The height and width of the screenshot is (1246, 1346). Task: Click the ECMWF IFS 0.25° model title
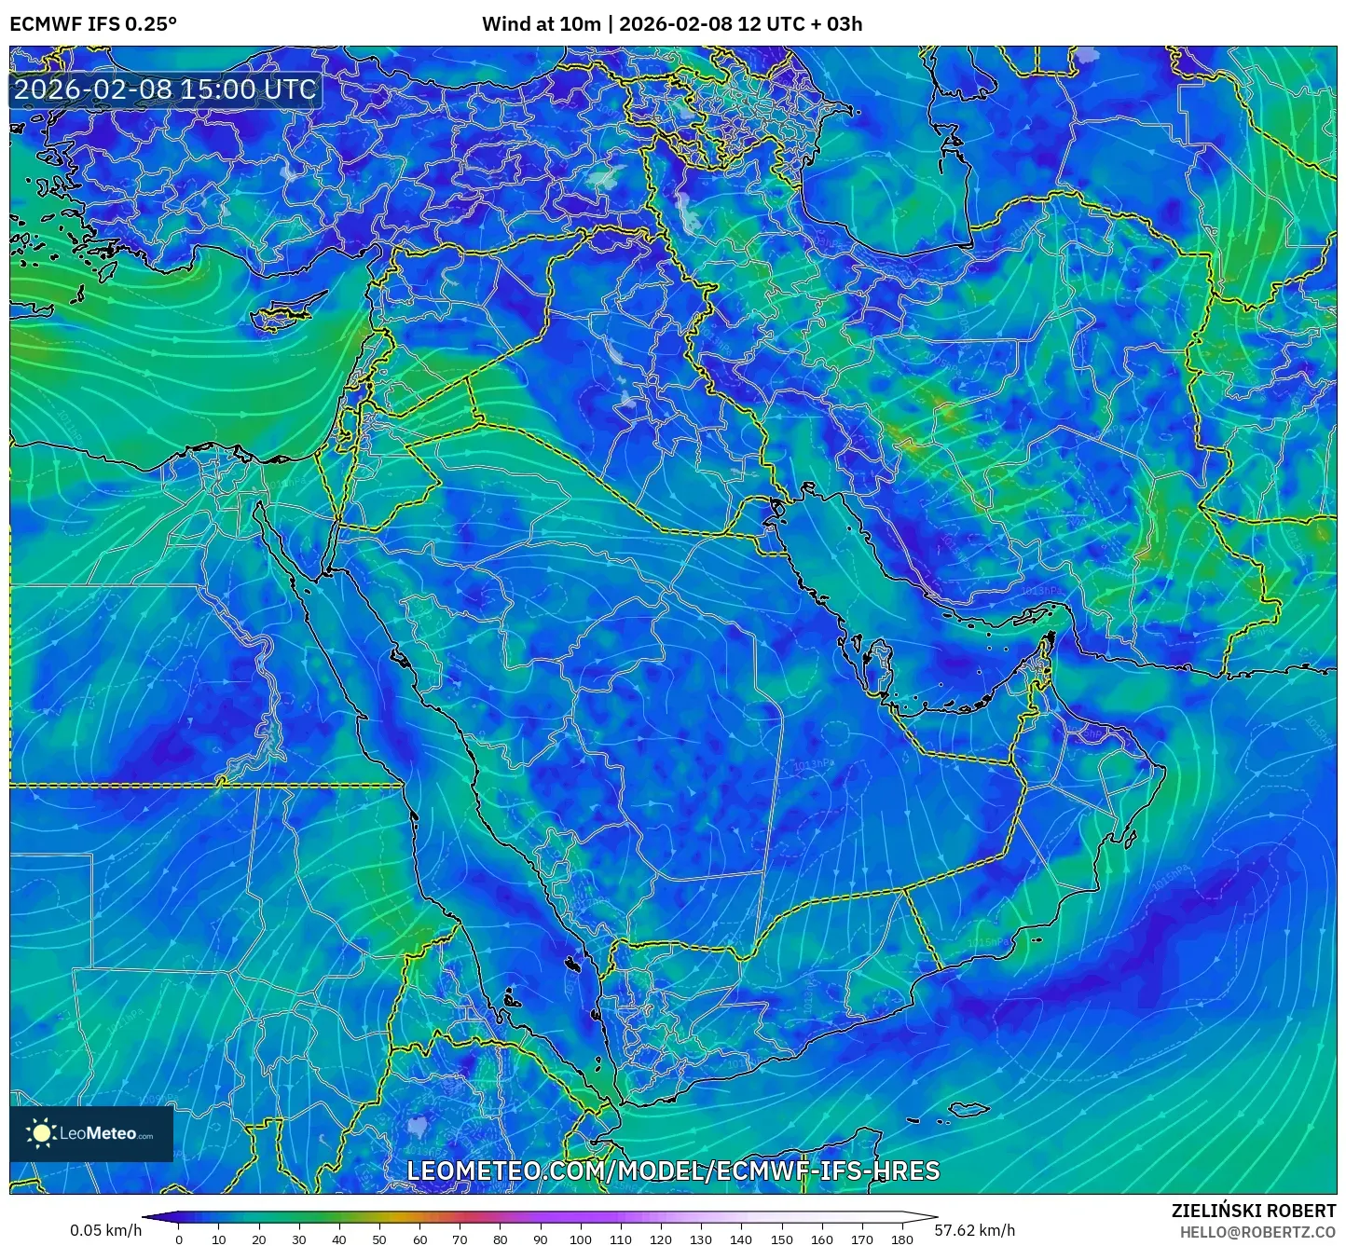click(93, 23)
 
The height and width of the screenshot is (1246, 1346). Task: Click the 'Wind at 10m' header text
click(541, 23)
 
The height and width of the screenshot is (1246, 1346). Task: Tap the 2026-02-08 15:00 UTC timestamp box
click(165, 89)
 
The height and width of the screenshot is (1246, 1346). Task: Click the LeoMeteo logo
click(91, 1133)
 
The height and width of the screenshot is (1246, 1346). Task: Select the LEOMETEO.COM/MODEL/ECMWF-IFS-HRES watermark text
click(673, 1171)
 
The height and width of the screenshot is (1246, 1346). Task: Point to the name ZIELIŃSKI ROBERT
click(1253, 1211)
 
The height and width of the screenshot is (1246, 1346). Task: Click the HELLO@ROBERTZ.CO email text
click(1257, 1232)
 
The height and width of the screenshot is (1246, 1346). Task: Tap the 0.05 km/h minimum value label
click(105, 1230)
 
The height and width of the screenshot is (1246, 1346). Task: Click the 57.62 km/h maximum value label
click(974, 1230)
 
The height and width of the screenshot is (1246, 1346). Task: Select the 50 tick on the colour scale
click(379, 1239)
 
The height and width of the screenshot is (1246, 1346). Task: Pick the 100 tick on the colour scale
click(580, 1239)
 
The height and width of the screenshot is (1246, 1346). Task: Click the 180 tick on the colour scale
click(901, 1239)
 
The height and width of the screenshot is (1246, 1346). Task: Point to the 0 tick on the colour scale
click(179, 1239)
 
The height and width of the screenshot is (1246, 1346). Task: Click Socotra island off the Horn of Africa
click(970, 1109)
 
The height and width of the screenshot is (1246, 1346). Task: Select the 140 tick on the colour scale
click(741, 1239)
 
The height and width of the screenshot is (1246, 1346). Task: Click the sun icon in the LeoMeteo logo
click(42, 1133)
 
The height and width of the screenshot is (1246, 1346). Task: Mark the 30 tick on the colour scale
click(299, 1239)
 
